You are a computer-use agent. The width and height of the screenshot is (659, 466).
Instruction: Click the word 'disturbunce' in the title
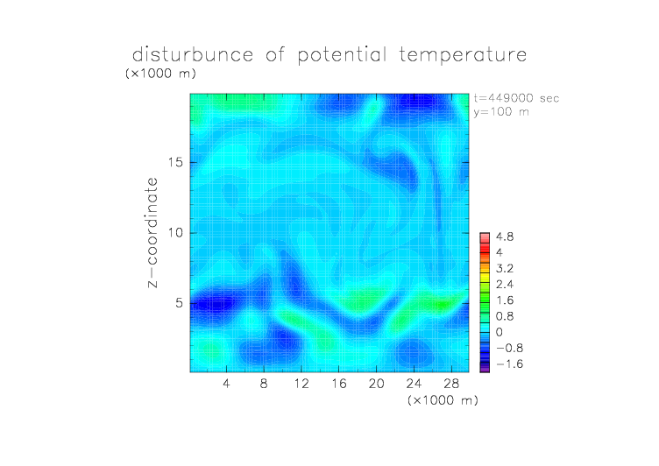[x=193, y=54]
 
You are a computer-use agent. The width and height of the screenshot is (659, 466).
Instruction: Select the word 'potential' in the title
[x=342, y=55]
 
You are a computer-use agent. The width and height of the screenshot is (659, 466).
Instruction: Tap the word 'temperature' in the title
[x=463, y=54]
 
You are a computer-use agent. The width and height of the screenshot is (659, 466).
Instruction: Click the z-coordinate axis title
[x=152, y=232]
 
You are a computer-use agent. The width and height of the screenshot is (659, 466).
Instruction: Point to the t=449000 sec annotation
[x=516, y=98]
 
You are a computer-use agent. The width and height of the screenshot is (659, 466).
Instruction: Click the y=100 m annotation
[x=501, y=112]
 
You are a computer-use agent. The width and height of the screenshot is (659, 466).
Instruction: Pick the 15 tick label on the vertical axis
[x=175, y=162]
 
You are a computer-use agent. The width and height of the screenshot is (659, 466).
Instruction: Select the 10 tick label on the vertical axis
[x=175, y=233]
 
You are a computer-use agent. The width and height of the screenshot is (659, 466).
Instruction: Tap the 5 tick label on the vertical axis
[x=180, y=303]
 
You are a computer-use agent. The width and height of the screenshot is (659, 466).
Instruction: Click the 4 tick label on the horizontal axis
[x=226, y=383]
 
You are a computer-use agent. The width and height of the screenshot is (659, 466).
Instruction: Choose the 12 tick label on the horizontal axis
[x=301, y=383]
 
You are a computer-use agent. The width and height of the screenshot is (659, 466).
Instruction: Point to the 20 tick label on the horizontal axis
[x=376, y=383]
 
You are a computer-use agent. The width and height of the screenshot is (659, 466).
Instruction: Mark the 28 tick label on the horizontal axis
[x=451, y=383]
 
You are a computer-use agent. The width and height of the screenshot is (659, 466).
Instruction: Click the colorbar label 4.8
[x=505, y=237]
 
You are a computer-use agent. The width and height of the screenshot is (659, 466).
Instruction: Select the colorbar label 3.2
[x=505, y=269]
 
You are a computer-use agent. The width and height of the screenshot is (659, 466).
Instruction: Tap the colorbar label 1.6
[x=505, y=300]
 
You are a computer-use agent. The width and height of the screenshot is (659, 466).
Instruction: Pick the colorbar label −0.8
[x=509, y=349]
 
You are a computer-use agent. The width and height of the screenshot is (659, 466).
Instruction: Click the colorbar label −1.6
[x=509, y=364]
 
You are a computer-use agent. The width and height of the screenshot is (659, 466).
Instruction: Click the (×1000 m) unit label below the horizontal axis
[x=443, y=400]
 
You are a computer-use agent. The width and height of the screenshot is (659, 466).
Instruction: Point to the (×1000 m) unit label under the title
[x=161, y=74]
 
